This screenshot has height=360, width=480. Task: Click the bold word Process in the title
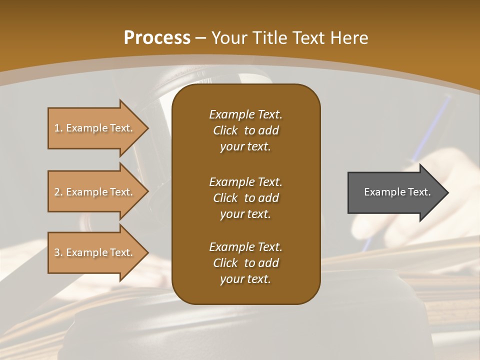(x=157, y=38)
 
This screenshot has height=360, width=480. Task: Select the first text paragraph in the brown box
(x=245, y=130)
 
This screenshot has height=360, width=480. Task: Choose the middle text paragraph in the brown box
(x=245, y=198)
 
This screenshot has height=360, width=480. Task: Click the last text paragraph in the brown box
(x=245, y=263)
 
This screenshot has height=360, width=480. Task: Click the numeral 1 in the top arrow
(x=57, y=128)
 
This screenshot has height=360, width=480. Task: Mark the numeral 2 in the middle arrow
(x=57, y=192)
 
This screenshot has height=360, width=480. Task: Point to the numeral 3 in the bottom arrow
(x=57, y=252)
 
